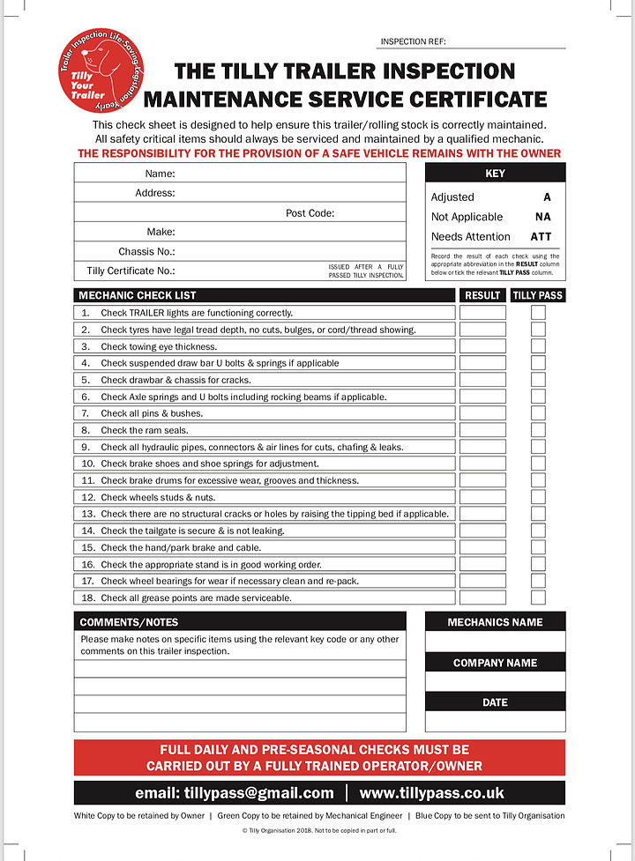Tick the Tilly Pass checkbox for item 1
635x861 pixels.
click(x=538, y=313)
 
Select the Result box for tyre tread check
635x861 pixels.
click(x=482, y=330)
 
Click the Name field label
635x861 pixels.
click(x=160, y=174)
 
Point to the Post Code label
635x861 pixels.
click(x=310, y=212)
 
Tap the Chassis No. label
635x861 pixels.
click(x=146, y=251)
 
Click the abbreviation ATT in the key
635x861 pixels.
click(x=541, y=236)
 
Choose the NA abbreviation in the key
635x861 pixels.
click(x=542, y=217)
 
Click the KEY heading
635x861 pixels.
click(x=495, y=174)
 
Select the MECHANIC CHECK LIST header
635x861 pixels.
click(x=138, y=295)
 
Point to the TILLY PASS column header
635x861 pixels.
click(x=538, y=295)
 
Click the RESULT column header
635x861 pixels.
click(x=482, y=295)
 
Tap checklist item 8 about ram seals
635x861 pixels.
click(x=144, y=430)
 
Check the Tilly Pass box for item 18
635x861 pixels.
click(x=538, y=598)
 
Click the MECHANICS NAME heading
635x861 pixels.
click(x=495, y=622)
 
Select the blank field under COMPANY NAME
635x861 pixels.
click(x=495, y=682)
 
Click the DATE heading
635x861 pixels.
click(x=495, y=702)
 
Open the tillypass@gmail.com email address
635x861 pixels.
click(x=235, y=793)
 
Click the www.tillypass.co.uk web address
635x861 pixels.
click(x=444, y=793)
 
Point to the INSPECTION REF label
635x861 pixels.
click(x=414, y=41)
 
